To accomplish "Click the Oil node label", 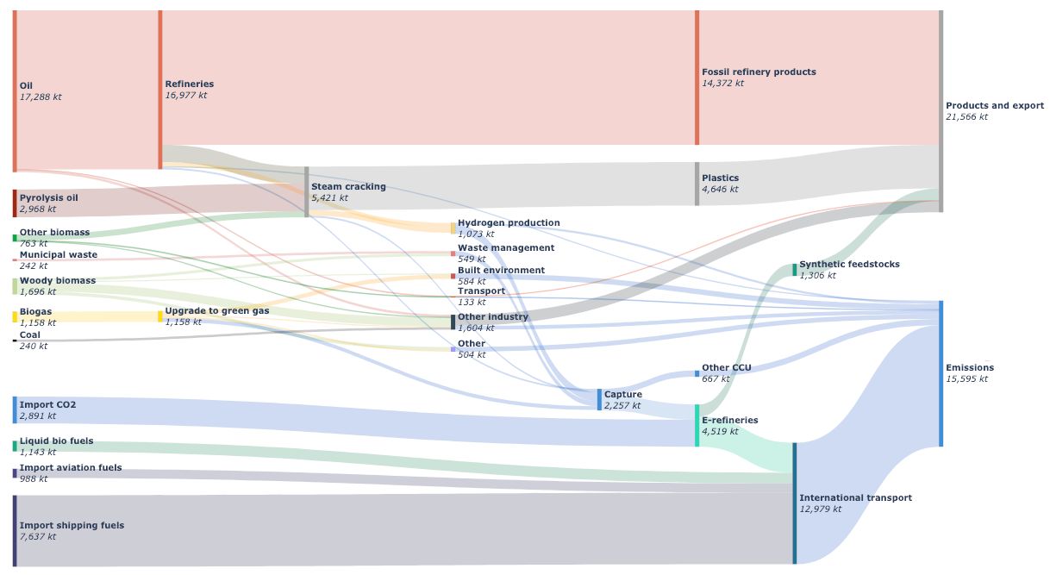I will coord(26,85).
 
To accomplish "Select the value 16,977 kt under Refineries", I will coord(185,96).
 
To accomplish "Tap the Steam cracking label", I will coord(348,186).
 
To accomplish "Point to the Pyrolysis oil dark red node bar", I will coord(15,203).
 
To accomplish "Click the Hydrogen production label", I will coord(508,222).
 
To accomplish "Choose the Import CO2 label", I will coord(47,404).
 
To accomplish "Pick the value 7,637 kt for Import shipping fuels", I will coord(38,536).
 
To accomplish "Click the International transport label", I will coord(855,497).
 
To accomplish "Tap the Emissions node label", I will coord(969,367).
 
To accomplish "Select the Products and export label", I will coord(994,105).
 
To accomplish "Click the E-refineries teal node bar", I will coord(697,425).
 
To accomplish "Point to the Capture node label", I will coord(622,394).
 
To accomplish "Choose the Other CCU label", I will coord(726,367).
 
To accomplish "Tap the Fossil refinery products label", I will coord(759,72).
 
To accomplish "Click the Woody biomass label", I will coord(57,280).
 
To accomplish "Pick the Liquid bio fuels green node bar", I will coord(15,446).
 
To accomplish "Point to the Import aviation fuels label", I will coord(71,467).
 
